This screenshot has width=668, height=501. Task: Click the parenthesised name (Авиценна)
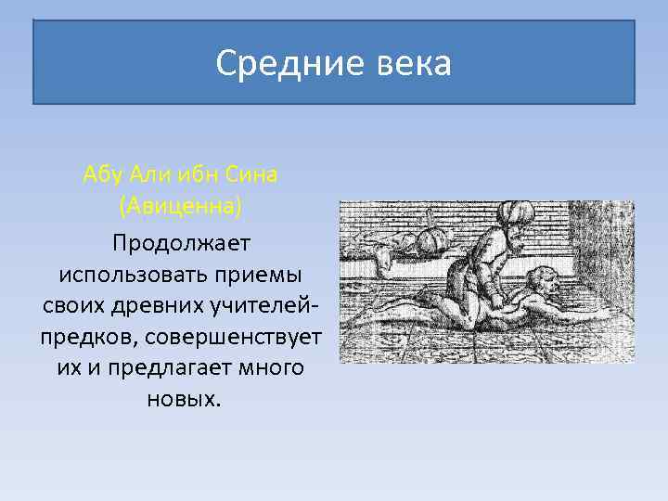(180, 205)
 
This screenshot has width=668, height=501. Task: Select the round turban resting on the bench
(430, 241)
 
